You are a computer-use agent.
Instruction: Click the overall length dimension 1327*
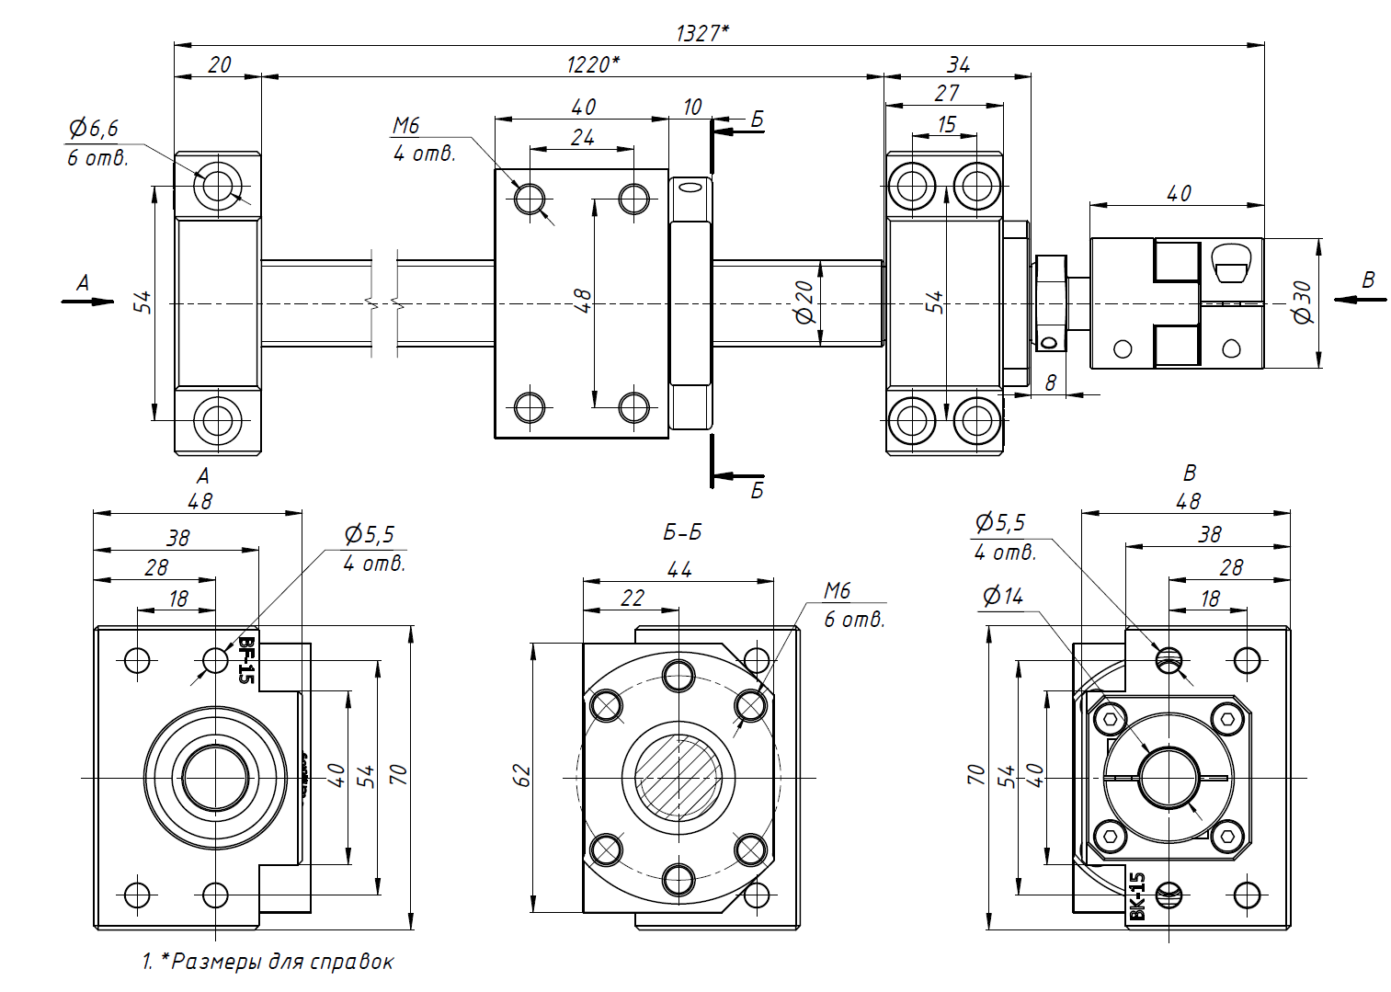point(702,33)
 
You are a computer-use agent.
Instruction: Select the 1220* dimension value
point(592,64)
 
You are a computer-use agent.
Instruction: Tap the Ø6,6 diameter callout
point(94,129)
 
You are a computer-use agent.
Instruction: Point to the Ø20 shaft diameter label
point(804,302)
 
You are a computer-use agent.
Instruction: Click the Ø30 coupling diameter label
point(1303,302)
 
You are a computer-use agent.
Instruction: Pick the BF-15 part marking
point(245,659)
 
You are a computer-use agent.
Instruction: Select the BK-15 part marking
point(1137,895)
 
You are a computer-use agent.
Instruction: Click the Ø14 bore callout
point(1002,597)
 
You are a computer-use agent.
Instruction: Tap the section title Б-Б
point(682,532)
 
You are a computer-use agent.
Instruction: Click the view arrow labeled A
point(85,292)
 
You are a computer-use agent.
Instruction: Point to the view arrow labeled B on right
point(1364,290)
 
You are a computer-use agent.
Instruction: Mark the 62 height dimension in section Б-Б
point(522,775)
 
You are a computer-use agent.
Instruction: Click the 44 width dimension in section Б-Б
point(679,570)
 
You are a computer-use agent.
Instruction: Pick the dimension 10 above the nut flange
point(692,108)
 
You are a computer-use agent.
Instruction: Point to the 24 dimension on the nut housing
point(583,138)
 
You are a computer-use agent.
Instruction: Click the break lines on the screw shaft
point(385,302)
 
